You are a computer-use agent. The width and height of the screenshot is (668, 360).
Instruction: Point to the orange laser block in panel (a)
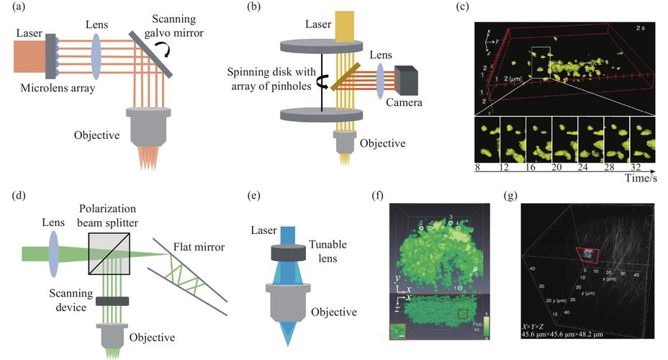[x=28, y=56]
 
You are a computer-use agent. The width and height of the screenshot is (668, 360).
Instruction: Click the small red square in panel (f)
[x=464, y=312]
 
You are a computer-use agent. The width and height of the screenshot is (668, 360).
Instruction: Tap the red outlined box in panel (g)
[x=588, y=253]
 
